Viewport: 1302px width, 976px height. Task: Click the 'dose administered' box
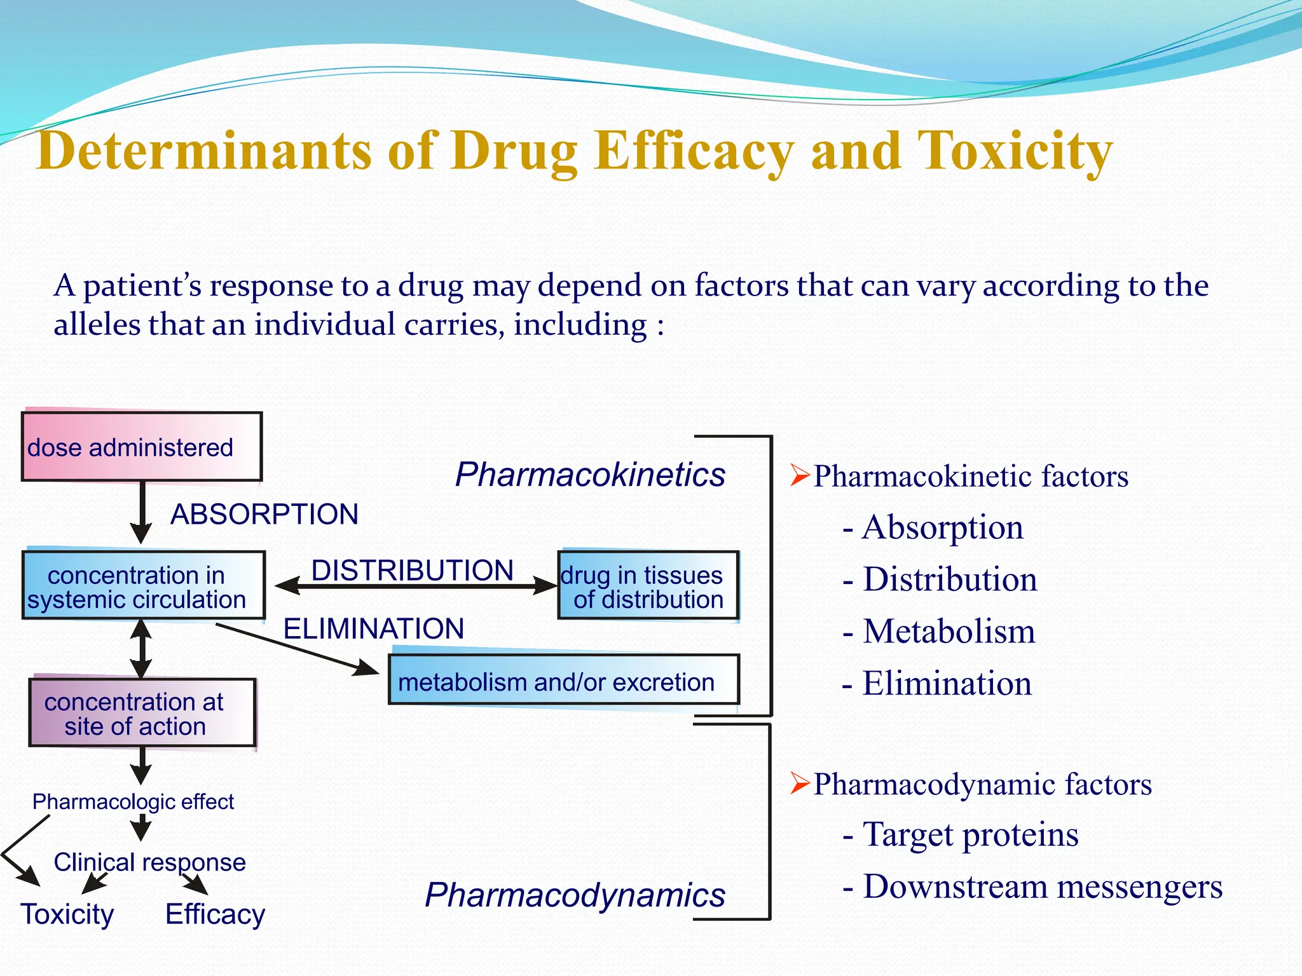point(141,447)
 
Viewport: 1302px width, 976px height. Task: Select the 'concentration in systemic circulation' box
point(143,585)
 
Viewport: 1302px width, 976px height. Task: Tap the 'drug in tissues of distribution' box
point(648,585)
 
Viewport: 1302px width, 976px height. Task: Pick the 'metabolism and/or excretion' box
point(564,681)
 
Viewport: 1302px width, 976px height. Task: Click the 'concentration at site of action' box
point(142,713)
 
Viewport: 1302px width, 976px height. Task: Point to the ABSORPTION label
point(264,514)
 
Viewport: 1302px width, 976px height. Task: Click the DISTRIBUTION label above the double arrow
point(413,570)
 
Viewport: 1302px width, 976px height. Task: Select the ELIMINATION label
point(374,628)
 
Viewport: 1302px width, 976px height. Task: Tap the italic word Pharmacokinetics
point(591,475)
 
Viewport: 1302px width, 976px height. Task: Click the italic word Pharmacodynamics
point(575,895)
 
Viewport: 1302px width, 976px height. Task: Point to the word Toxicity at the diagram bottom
point(67,914)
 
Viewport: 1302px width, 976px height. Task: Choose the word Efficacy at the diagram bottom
point(215,914)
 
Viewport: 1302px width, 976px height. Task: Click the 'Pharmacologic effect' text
point(133,802)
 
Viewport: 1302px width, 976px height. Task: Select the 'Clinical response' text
point(149,862)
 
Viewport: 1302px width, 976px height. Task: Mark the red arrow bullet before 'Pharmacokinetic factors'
point(800,475)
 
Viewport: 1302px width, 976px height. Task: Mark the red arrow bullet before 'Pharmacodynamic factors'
point(800,783)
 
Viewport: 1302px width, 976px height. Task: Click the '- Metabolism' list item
point(939,631)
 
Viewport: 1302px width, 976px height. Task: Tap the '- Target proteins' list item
point(961,834)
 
